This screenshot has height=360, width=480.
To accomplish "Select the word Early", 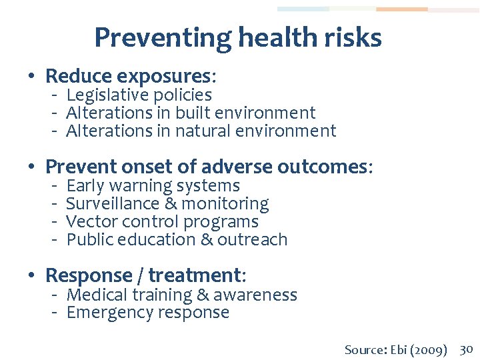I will coord(85,185).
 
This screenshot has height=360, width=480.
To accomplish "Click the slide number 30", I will coord(466,349).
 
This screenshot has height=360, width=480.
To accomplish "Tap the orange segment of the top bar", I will coord(401,9).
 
